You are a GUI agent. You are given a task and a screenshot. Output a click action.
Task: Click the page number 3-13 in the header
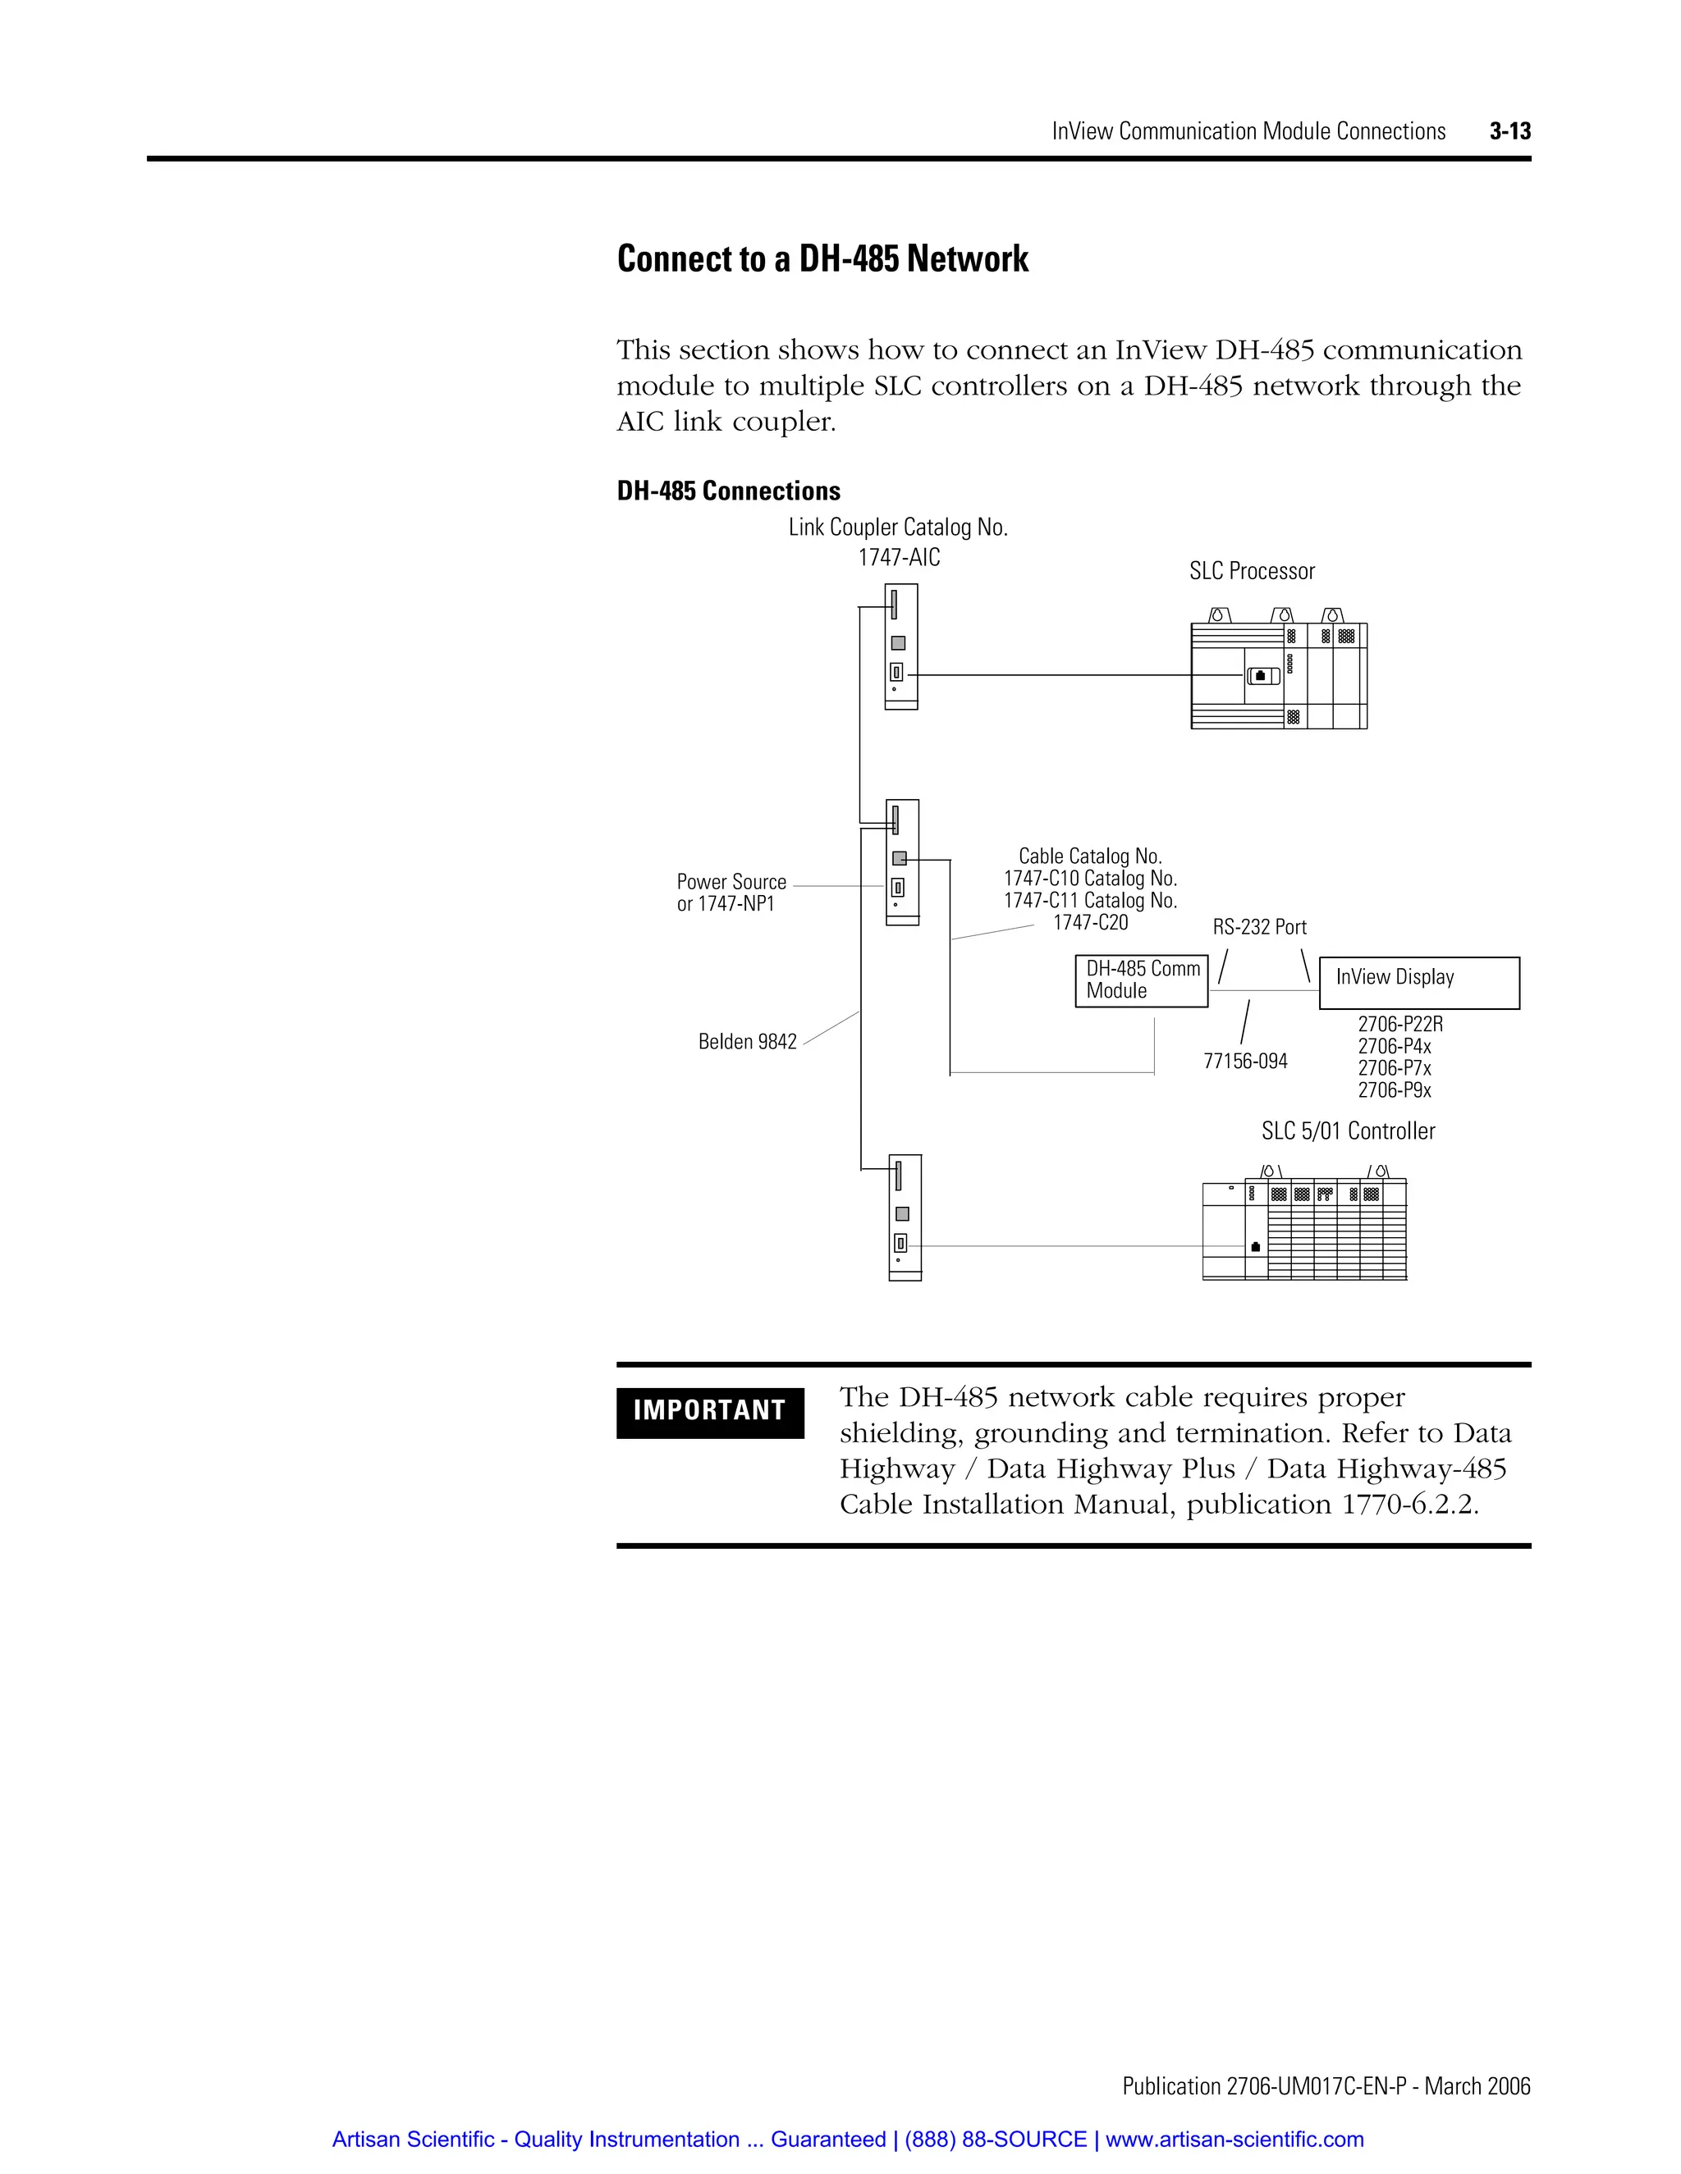[1509, 131]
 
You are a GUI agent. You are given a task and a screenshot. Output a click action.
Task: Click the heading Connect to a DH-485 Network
[822, 258]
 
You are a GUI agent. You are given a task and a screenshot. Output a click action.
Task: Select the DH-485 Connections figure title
[728, 491]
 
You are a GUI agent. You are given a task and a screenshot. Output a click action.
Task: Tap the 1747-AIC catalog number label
[898, 557]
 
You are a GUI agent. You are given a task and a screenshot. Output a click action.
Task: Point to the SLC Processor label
[1252, 571]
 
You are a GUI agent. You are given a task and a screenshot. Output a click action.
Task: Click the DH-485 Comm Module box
[1141, 980]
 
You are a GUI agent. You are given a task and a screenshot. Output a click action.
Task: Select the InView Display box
[1419, 983]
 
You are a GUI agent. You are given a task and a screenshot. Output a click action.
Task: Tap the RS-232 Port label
[1259, 927]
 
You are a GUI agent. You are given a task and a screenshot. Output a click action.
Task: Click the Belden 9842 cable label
[747, 1042]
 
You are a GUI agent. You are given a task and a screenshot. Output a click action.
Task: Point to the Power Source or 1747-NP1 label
[731, 893]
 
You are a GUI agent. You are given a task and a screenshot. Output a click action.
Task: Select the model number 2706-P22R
[1400, 1025]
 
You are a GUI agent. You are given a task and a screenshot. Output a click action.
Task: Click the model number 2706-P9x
[1395, 1090]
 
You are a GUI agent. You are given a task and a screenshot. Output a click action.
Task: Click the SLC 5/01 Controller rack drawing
[1304, 1230]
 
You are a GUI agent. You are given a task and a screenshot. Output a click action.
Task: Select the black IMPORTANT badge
[709, 1412]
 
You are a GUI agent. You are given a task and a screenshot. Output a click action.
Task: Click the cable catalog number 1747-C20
[1091, 923]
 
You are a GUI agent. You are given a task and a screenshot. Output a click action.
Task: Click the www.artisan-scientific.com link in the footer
[1234, 2140]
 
